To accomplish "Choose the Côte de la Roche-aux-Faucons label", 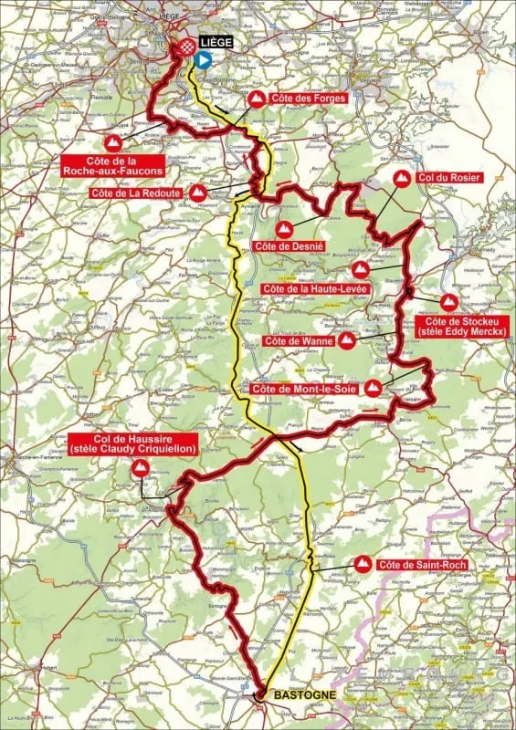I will click(x=113, y=164).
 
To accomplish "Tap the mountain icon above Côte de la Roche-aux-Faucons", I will click(x=113, y=143).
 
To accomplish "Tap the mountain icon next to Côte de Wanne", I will click(x=347, y=341).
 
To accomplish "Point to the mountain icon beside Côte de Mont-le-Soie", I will click(x=373, y=389).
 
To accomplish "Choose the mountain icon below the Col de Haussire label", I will click(x=141, y=467).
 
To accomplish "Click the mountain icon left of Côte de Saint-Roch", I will click(x=363, y=564).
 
